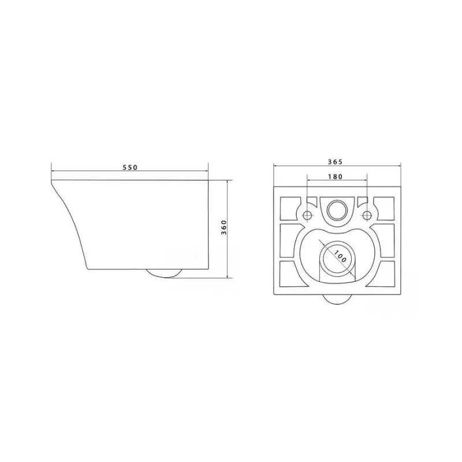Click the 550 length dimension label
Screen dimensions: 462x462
(130, 167)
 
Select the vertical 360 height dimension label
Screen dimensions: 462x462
(223, 227)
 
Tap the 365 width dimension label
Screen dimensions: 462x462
(336, 162)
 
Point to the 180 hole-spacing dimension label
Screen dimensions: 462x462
(336, 177)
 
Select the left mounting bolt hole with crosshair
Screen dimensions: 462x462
(307, 215)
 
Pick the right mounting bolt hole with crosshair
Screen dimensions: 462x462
(367, 215)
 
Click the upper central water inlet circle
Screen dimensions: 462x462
(337, 210)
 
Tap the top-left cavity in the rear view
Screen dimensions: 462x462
(290, 208)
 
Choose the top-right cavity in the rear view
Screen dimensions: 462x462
(383, 208)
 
